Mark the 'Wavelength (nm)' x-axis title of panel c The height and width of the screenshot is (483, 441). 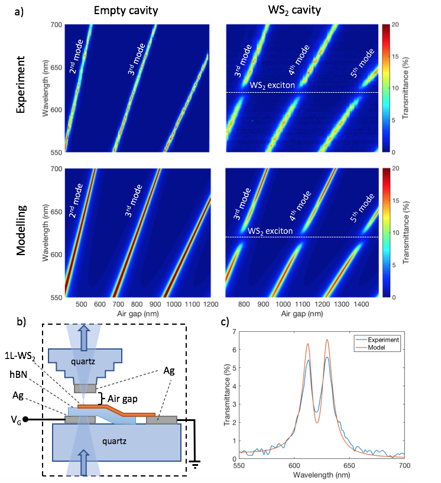pyautogui.click(x=322, y=474)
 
